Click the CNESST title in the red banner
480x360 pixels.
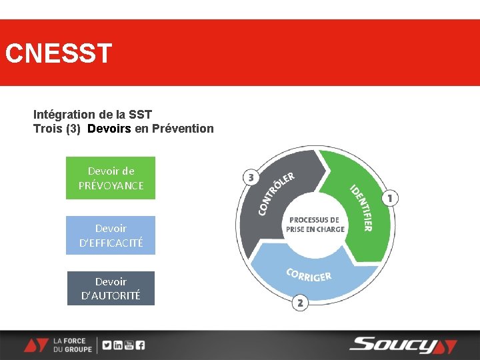click(58, 53)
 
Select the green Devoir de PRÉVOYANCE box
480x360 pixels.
click(111, 178)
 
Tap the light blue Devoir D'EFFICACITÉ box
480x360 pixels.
click(111, 235)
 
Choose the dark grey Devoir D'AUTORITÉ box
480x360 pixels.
click(111, 288)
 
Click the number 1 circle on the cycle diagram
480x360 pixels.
click(390, 198)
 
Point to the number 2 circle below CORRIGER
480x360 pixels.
click(300, 303)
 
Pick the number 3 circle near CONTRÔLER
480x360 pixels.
click(251, 177)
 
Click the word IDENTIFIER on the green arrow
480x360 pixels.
click(361, 207)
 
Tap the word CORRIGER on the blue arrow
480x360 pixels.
click(309, 275)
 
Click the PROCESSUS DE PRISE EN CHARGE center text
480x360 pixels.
click(315, 225)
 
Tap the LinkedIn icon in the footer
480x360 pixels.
click(118, 345)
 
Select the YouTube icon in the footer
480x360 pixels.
click(129, 345)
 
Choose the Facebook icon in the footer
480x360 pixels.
click(140, 345)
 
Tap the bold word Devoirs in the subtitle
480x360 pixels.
click(109, 128)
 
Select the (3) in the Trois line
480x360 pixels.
click(73, 128)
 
